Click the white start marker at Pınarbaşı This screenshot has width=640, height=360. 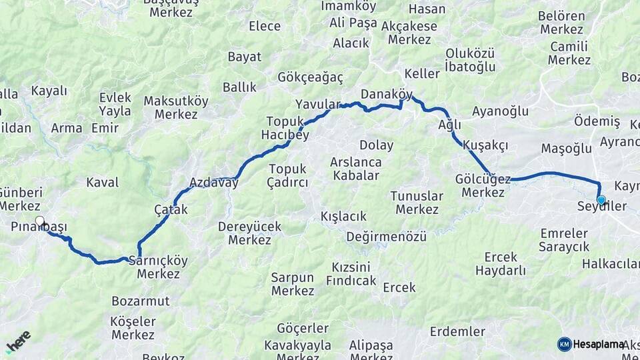pos(39,221)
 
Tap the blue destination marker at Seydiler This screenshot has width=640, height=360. pos(601,200)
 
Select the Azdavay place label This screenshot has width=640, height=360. pos(214,182)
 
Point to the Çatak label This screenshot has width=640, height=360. pos(171,209)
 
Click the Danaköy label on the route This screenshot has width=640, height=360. pos(387,94)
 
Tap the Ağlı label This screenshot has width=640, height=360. pos(449,125)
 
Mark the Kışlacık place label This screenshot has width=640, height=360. pos(344,217)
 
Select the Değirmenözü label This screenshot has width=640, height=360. pos(386,237)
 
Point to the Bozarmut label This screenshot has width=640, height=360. pos(141,301)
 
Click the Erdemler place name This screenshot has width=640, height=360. pos(457,331)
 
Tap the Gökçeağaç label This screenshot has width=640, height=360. pos(311,77)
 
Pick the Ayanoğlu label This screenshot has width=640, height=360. pos(500,111)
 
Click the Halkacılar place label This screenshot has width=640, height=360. pos(610,264)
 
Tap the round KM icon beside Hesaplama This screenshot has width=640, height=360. pos(565,344)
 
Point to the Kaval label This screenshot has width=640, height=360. pos(103,182)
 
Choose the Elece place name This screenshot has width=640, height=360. pos(265,26)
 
